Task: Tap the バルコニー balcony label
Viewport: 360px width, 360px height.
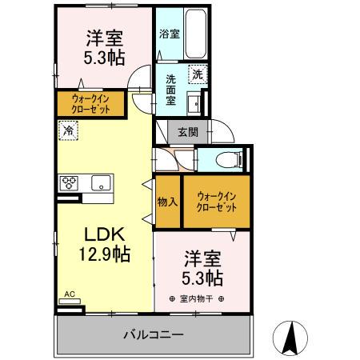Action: (x=154, y=334)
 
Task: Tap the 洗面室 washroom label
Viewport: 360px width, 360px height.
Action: (x=172, y=90)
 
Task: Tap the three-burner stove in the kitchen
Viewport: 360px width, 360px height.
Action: (x=70, y=182)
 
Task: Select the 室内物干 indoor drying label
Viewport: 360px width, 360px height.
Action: (x=196, y=299)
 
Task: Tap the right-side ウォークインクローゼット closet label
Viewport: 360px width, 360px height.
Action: (x=217, y=199)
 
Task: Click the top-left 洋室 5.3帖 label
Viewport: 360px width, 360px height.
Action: (x=103, y=46)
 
